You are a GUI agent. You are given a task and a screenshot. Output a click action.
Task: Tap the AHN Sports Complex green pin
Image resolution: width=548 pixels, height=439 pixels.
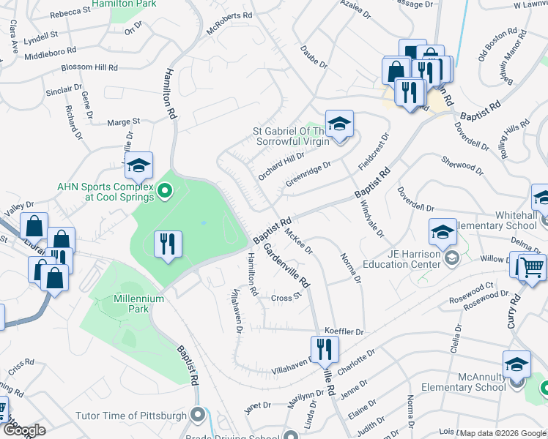pos(165,193)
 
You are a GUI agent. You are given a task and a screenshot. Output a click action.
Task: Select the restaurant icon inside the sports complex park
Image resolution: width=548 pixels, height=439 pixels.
pos(168,244)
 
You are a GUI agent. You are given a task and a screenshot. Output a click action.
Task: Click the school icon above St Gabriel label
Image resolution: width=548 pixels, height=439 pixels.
pos(339,124)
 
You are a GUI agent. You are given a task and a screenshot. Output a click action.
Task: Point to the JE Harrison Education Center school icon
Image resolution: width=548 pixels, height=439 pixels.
pos(443,233)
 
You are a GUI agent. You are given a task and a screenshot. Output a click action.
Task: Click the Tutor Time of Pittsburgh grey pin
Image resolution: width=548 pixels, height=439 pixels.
pos(197,415)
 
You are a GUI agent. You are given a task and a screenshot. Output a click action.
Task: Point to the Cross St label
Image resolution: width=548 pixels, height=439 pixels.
pos(286,298)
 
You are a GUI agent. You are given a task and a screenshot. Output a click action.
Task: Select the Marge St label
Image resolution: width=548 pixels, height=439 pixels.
pos(123,121)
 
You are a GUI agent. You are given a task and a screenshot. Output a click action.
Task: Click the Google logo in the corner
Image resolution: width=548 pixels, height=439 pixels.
pos(23,430)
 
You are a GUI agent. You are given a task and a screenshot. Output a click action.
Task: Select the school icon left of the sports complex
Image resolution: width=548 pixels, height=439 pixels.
pos(137,167)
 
